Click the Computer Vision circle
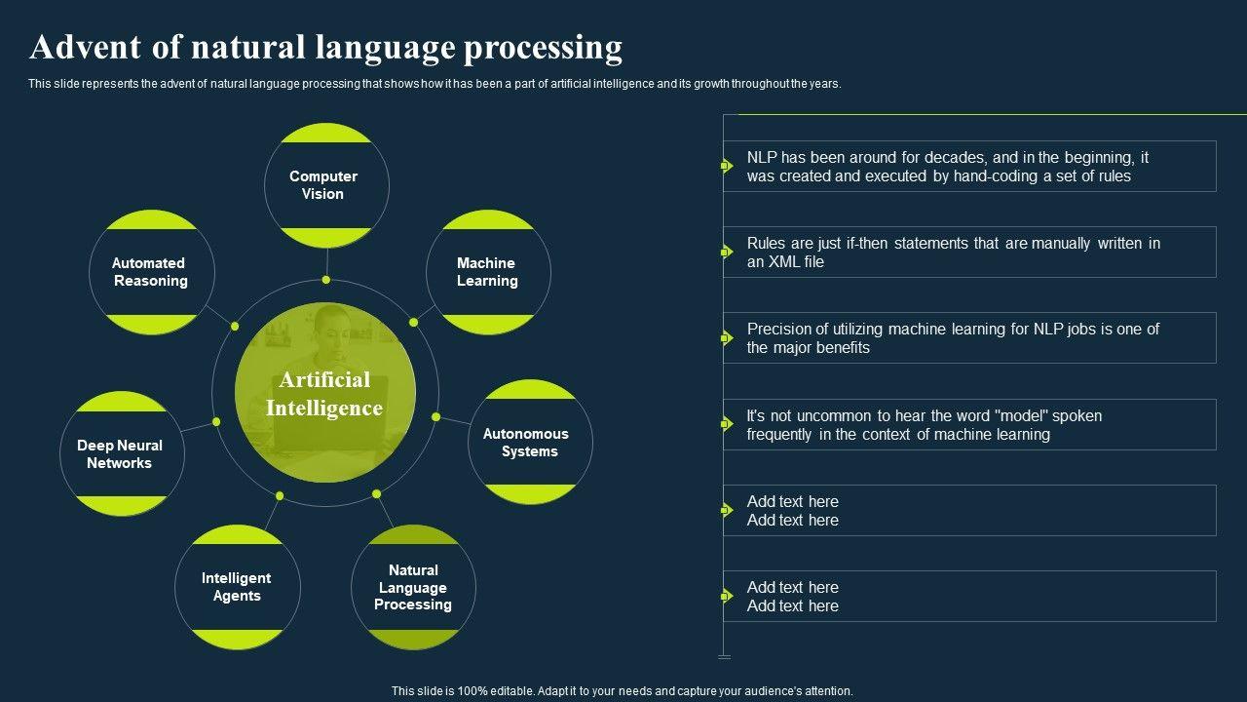pos(326,185)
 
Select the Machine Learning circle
pos(488,272)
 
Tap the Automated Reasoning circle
pos(151,272)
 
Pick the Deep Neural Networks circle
pos(121,453)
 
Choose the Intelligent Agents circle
pos(237,586)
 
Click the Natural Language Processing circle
pos(413,587)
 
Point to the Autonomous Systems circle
pos(530,442)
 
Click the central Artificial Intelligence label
pos(324,394)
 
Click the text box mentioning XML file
pos(969,253)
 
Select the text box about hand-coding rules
pos(969,167)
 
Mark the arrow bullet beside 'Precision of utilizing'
pos(726,338)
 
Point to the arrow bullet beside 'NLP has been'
pos(726,166)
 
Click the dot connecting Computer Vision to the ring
pos(326,280)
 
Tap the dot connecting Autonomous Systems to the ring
pos(436,417)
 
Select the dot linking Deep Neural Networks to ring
pos(216,422)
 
